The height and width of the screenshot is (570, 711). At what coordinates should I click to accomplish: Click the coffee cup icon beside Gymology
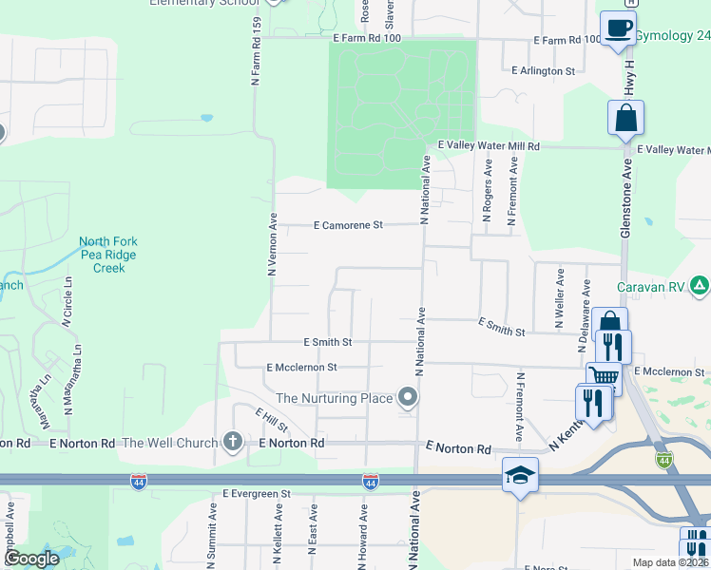point(618,28)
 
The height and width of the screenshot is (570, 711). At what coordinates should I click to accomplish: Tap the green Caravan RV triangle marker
point(700,284)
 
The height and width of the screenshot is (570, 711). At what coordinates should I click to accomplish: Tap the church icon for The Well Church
point(232,441)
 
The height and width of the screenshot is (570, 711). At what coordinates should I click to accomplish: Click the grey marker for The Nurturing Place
point(409,397)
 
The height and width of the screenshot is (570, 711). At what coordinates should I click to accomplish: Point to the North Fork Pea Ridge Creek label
point(108,256)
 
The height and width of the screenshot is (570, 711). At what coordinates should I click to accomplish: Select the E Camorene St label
point(348,225)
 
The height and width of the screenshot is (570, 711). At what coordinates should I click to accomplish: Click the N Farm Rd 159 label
point(257,52)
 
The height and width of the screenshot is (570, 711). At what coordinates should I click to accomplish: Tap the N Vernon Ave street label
point(272,244)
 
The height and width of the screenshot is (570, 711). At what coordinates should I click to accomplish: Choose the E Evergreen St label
point(257,494)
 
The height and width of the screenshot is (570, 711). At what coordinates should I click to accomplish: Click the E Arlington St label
point(543,71)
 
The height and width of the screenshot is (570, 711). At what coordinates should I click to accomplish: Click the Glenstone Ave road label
point(627,195)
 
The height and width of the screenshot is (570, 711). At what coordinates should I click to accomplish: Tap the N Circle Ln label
point(68,303)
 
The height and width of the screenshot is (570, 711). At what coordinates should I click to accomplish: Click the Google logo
point(31,559)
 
